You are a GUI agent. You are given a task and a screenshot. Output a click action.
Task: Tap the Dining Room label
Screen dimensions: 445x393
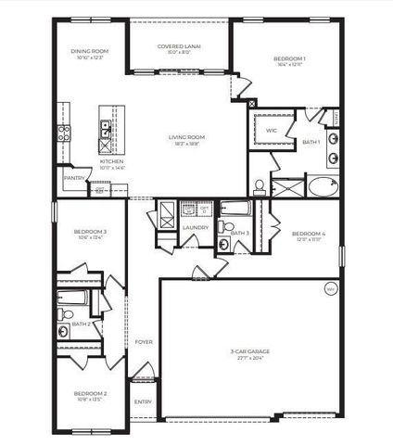91,52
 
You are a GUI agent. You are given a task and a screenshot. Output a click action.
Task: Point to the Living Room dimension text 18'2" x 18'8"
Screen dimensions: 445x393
186,144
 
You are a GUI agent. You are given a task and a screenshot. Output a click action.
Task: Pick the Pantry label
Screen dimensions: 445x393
74,177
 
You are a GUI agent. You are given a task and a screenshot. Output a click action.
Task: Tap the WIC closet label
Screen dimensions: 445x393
272,131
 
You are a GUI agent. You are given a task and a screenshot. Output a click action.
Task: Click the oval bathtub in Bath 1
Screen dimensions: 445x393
323,186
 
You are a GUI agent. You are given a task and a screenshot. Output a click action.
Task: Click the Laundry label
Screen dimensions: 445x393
195,227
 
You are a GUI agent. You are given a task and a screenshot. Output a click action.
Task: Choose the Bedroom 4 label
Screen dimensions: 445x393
308,233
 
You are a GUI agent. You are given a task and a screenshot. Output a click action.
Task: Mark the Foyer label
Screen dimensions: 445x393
144,342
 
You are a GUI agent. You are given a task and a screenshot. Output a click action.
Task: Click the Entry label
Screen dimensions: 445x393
143,400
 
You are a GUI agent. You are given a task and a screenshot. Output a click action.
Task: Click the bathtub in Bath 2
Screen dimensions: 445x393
72,298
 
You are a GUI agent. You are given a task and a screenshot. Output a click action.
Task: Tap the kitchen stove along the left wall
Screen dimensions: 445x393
65,133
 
